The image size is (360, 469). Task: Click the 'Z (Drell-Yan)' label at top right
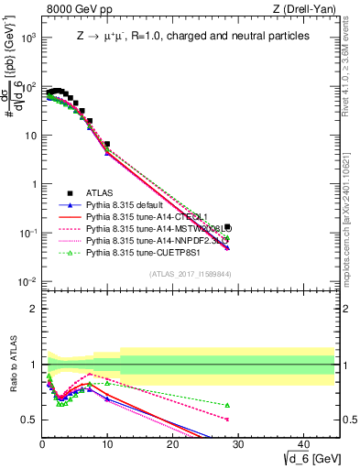(304, 10)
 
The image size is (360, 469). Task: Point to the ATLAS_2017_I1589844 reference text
(191, 273)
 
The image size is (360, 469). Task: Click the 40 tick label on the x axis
(301, 443)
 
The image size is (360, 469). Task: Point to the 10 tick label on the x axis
(107, 443)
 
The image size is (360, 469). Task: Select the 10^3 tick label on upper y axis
(28, 38)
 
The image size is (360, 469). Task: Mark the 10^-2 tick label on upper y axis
(27, 281)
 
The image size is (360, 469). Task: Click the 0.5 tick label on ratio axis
(28, 420)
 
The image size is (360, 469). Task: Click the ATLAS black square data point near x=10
(107, 144)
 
